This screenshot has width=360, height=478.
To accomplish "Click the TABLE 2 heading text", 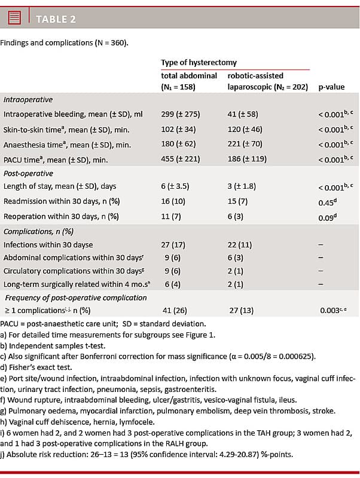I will (56, 19).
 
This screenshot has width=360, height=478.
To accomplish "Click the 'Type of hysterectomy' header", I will (199, 62).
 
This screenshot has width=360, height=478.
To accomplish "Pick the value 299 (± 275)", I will (180, 114).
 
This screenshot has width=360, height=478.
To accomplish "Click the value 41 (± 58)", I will (242, 114).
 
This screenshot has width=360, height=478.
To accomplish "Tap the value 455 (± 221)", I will (180, 159).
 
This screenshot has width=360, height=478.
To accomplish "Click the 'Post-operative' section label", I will (28, 173).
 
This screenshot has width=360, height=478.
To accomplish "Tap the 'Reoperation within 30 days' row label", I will (61, 217).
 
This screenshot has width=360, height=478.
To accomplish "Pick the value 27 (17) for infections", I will (174, 244).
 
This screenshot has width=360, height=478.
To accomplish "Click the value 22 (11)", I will (240, 244).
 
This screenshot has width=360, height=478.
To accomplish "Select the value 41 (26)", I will (174, 311).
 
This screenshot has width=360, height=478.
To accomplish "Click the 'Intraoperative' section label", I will (28, 100).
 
